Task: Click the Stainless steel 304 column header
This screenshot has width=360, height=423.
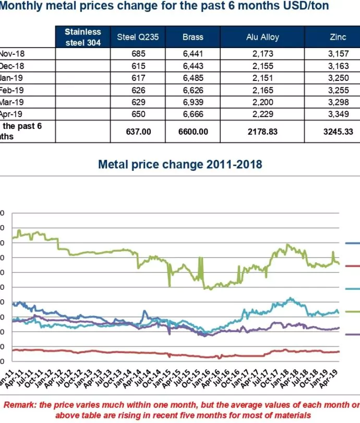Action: pyautogui.click(x=82, y=37)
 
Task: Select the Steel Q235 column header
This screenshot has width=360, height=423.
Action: pyautogui.click(x=134, y=37)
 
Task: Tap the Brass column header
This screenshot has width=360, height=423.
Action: pyautogui.click(x=193, y=37)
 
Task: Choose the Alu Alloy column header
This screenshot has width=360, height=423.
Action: pyautogui.click(x=262, y=37)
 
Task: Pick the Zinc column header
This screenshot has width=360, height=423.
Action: pyautogui.click(x=338, y=37)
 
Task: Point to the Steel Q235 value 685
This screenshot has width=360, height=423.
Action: pyautogui.click(x=134, y=53)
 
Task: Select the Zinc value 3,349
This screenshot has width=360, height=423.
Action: pyautogui.click(x=338, y=113)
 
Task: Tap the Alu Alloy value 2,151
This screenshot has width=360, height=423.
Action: pyautogui.click(x=262, y=77)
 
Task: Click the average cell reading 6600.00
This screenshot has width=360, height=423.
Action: pyautogui.click(x=193, y=132)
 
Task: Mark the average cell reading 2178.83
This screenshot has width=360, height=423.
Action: pyautogui.click(x=262, y=132)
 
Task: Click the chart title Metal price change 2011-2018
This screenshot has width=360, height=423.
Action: pyautogui.click(x=179, y=164)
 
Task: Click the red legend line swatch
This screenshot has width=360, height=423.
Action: pyautogui.click(x=353, y=266)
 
